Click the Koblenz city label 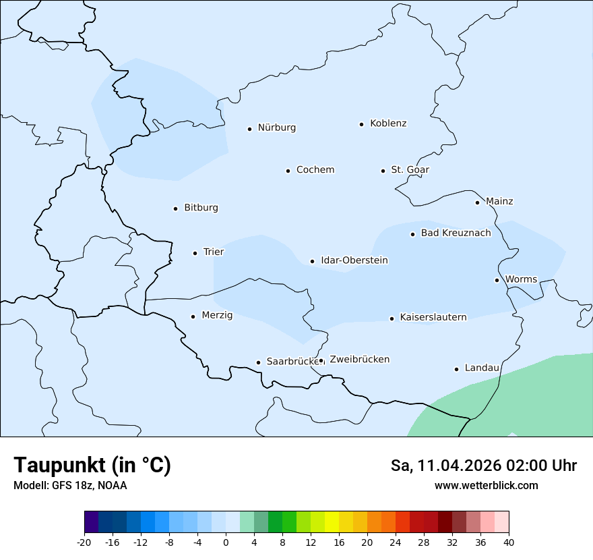pyautogui.click(x=388, y=123)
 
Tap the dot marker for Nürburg pyautogui.click(x=249, y=129)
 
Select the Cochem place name pyautogui.click(x=315, y=170)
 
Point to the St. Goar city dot pyautogui.click(x=383, y=171)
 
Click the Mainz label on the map pyautogui.click(x=499, y=202)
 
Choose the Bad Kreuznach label pyautogui.click(x=456, y=233)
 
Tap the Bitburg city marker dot pyautogui.click(x=175, y=208)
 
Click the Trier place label pyautogui.click(x=214, y=252)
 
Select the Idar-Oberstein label pyautogui.click(x=354, y=260)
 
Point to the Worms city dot pyautogui.click(x=497, y=280)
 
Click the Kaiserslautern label pyautogui.click(x=433, y=317)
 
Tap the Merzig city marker pyautogui.click(x=193, y=316)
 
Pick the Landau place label pyautogui.click(x=482, y=368)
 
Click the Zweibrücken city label pyautogui.click(x=359, y=360)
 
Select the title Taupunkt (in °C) pyautogui.click(x=92, y=465)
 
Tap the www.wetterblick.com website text pyautogui.click(x=486, y=486)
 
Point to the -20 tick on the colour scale pyautogui.click(x=84, y=542)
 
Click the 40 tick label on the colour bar pyautogui.click(x=509, y=542)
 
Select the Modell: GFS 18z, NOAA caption pyautogui.click(x=70, y=486)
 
